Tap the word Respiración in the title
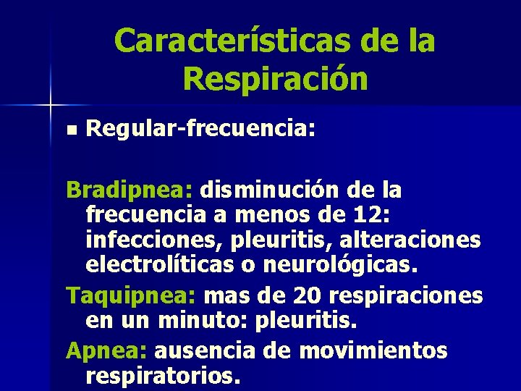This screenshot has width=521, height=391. pyautogui.click(x=276, y=79)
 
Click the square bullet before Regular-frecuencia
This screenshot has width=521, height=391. pyautogui.click(x=69, y=131)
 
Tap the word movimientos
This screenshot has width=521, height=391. pyautogui.click(x=373, y=351)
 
